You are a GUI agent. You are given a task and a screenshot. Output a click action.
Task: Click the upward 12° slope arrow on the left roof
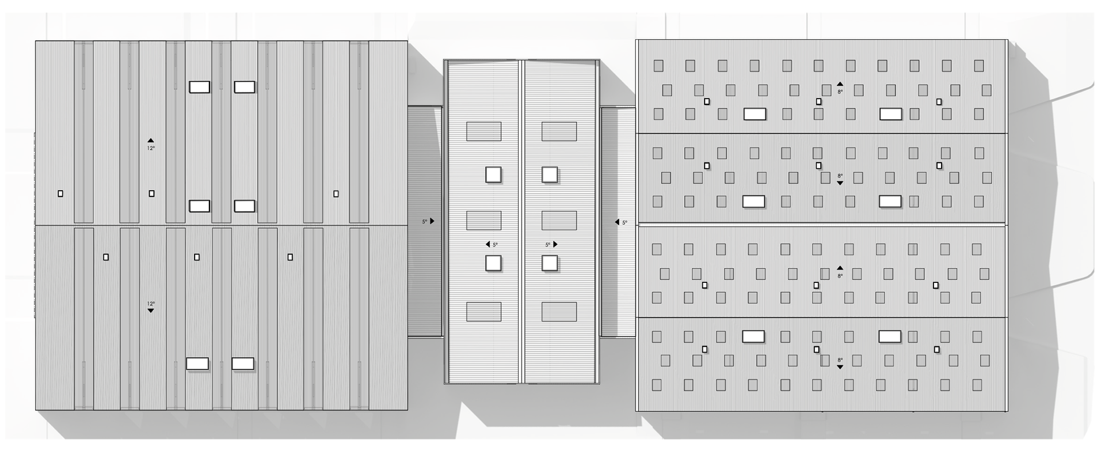pos(151,141)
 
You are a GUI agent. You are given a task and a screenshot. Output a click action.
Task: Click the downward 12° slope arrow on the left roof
pos(151,311)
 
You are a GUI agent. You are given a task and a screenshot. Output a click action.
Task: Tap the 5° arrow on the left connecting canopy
pos(432,221)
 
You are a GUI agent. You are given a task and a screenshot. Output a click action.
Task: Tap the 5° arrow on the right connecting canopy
pos(617,222)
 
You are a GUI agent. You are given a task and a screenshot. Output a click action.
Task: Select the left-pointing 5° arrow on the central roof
pos(488,245)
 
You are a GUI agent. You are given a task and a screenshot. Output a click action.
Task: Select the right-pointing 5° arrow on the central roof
pos(555,245)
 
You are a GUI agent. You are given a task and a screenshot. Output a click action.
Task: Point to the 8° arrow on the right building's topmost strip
pos(840,84)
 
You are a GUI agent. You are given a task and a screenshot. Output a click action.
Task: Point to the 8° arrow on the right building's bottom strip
pos(840,367)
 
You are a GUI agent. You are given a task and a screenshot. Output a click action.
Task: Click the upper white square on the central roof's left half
pos(493,175)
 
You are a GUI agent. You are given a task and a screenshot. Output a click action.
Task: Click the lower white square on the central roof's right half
pos(550,263)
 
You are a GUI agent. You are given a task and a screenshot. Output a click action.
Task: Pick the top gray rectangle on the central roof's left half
pos(483,131)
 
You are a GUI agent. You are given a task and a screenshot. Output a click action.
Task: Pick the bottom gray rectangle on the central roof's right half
pos(559,312)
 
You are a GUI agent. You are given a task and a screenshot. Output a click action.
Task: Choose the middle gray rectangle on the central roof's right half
pos(559,221)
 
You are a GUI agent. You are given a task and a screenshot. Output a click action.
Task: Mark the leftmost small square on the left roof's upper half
pos(60,194)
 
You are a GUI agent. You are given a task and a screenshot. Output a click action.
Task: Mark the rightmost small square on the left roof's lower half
pos(290,258)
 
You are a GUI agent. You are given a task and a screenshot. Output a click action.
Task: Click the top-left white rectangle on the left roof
pos(200,87)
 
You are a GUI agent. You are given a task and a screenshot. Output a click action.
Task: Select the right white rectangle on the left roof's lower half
pos(243,364)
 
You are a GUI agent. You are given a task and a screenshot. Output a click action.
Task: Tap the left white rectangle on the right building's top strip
pos(755,114)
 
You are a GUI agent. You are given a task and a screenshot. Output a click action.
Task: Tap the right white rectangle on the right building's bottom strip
pos(890,336)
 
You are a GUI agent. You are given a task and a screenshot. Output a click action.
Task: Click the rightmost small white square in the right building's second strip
pos(939,166)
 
